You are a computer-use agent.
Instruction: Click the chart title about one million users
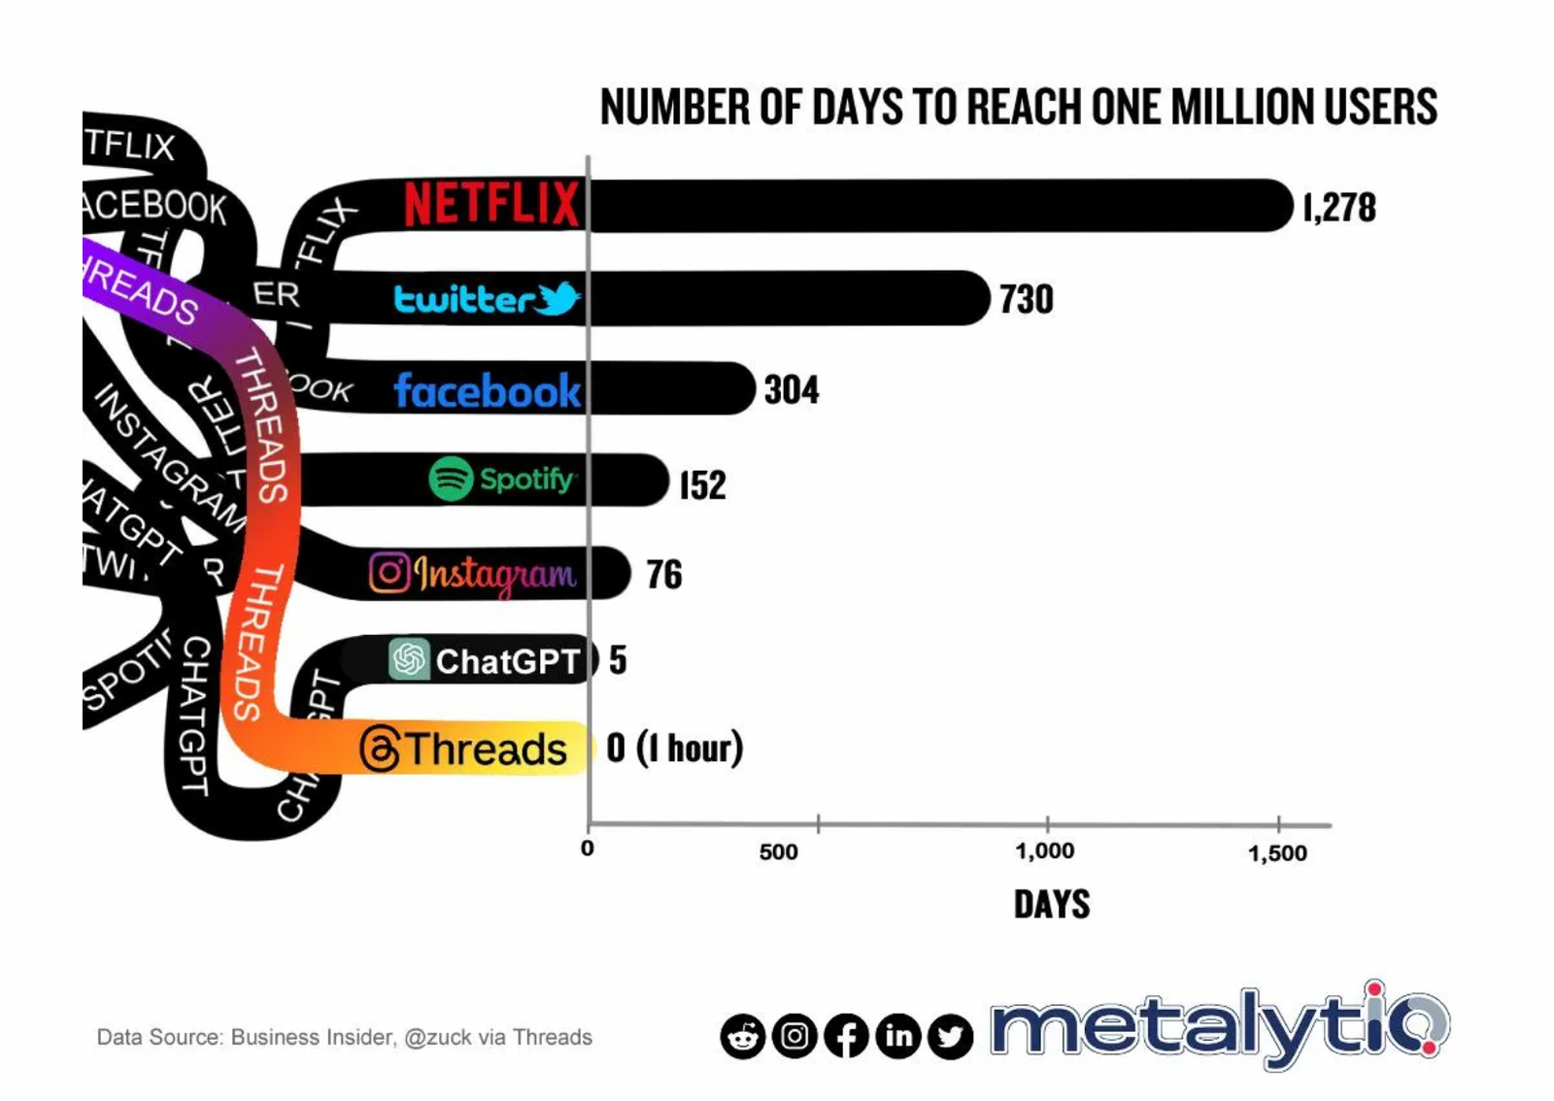click(x=1018, y=107)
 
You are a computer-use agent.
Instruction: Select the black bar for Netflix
click(x=938, y=206)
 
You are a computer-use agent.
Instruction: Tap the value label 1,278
click(x=1339, y=208)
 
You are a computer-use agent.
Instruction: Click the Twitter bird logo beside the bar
click(x=557, y=298)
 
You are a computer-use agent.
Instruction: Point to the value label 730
click(x=1027, y=299)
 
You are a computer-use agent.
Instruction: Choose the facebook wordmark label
click(x=487, y=390)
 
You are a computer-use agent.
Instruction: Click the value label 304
click(x=792, y=390)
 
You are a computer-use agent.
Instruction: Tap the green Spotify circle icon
click(x=451, y=479)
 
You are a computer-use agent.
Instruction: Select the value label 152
click(x=702, y=484)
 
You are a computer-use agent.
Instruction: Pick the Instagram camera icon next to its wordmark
click(x=388, y=573)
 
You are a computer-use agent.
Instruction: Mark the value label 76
click(x=664, y=575)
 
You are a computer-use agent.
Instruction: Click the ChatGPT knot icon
click(x=409, y=659)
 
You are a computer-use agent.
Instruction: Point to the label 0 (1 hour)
click(x=674, y=749)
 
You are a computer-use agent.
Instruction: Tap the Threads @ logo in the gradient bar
click(x=380, y=750)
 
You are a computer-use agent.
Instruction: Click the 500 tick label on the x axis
click(x=778, y=852)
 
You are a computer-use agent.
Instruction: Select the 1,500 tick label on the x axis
click(x=1277, y=853)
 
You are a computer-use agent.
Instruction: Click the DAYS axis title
click(x=1052, y=905)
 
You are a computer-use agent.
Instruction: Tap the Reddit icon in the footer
click(x=743, y=1037)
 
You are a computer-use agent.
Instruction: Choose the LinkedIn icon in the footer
click(x=898, y=1037)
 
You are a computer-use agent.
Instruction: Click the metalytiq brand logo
click(x=1220, y=1027)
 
